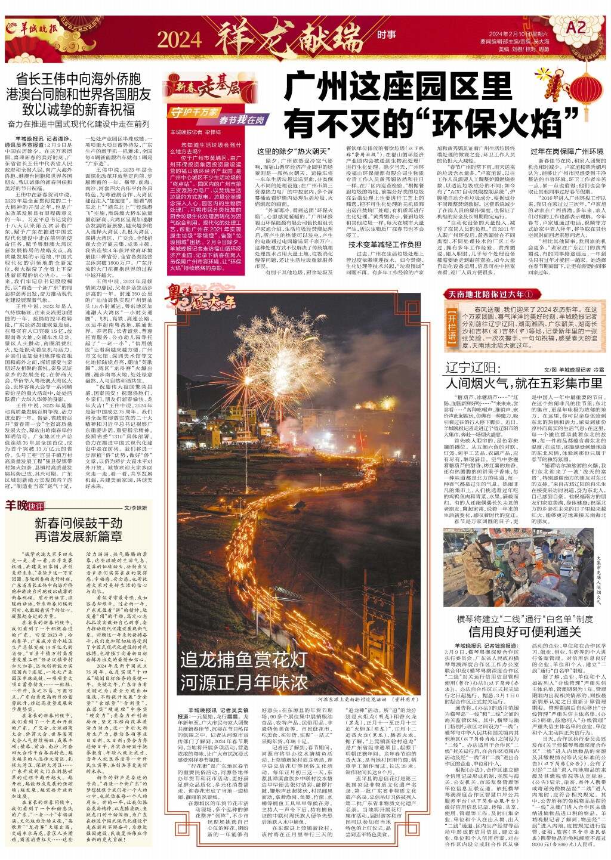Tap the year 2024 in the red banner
pyautogui.click(x=180, y=39)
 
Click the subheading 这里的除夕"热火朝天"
pyautogui.click(x=289, y=152)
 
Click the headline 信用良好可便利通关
pyautogui.click(x=517, y=632)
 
